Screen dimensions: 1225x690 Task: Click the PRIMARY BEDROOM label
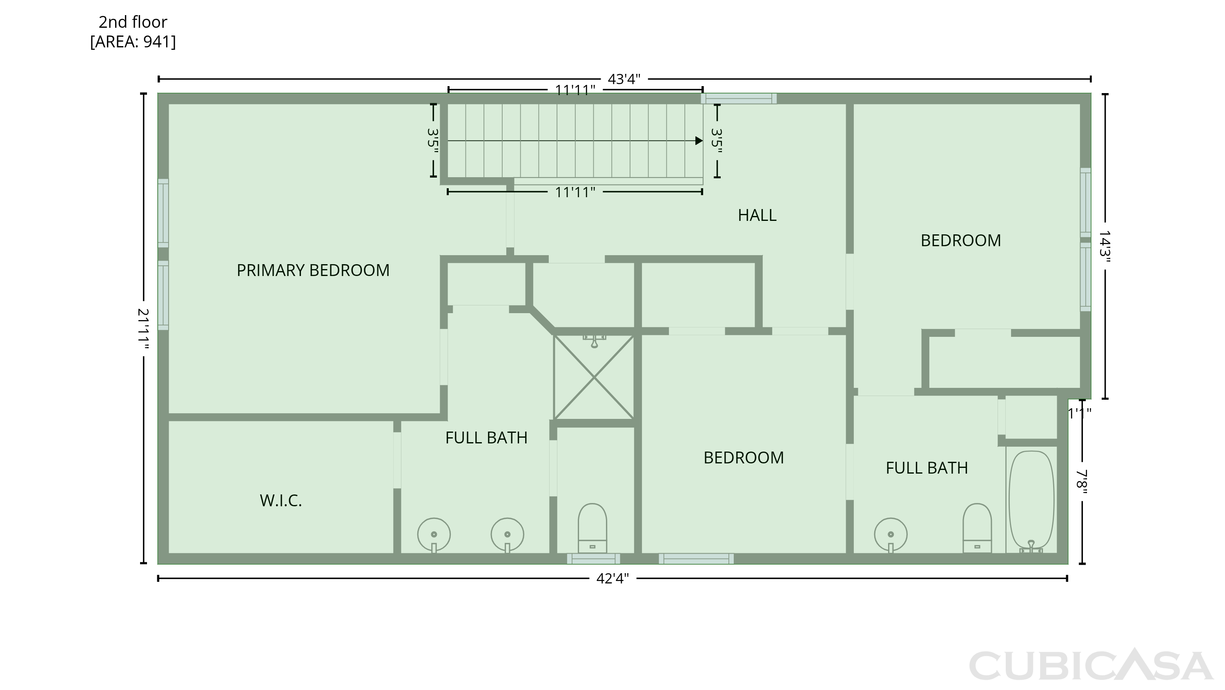(313, 270)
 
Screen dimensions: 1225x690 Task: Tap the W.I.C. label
(281, 501)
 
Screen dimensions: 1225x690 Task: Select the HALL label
(757, 216)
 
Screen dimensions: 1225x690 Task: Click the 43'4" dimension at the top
(624, 79)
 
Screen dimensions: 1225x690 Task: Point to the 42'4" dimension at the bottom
(612, 578)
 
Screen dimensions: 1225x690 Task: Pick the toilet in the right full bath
(977, 528)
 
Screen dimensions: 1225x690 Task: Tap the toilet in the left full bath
(592, 528)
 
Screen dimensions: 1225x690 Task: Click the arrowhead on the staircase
(699, 141)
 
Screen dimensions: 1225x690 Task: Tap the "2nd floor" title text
(133, 22)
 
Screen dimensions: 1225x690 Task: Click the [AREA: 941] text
(133, 42)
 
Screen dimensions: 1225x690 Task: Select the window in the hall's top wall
(739, 98)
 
